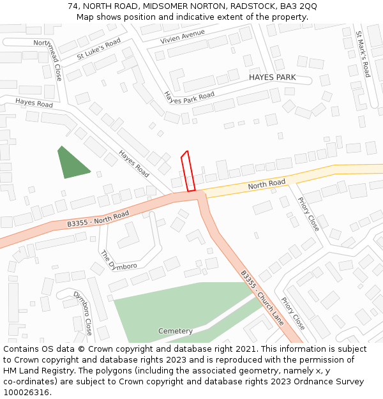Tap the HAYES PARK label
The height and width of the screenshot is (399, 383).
(272, 77)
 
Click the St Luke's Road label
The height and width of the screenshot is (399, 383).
(98, 49)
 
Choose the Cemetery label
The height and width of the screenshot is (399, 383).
(176, 331)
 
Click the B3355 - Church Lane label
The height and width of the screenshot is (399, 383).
(262, 298)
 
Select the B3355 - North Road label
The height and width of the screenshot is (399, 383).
(98, 219)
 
